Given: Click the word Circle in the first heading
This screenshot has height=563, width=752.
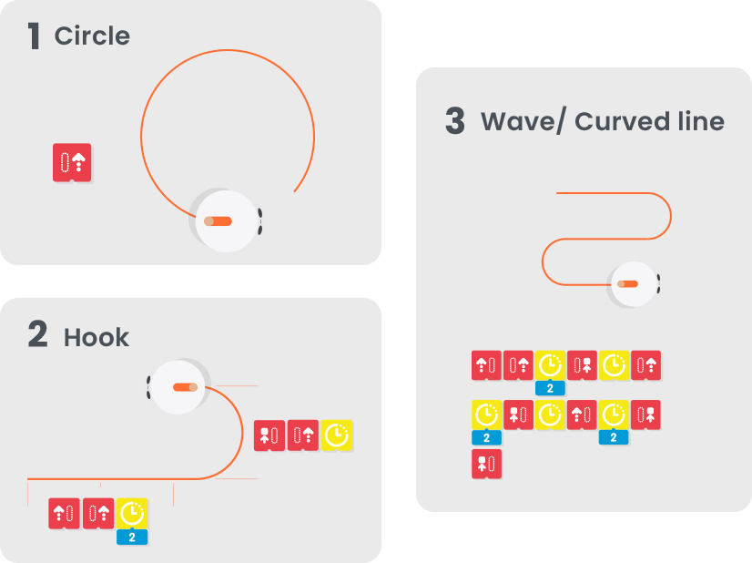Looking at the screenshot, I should [92, 36].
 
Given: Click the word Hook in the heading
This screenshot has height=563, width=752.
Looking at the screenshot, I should [97, 338].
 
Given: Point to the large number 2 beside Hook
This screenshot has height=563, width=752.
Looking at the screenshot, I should [37, 335].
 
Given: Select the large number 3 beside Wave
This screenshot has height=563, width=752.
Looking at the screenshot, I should [455, 121].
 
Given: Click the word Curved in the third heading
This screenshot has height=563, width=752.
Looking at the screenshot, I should [618, 121].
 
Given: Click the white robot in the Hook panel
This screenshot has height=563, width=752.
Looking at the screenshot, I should [179, 387].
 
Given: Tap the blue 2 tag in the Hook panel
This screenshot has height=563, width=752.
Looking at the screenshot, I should [132, 537].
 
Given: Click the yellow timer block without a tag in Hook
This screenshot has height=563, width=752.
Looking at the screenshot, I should [337, 435].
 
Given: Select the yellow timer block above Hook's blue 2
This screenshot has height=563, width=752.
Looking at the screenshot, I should [132, 513].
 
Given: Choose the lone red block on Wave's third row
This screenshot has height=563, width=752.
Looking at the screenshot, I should [487, 464].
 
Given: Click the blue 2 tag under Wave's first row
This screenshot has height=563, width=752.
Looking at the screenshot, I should [551, 389].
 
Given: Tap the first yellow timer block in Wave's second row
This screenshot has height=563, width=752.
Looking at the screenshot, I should [487, 415].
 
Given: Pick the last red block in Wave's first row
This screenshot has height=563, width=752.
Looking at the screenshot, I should [645, 365].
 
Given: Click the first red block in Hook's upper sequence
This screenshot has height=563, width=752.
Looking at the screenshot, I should [269, 435].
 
